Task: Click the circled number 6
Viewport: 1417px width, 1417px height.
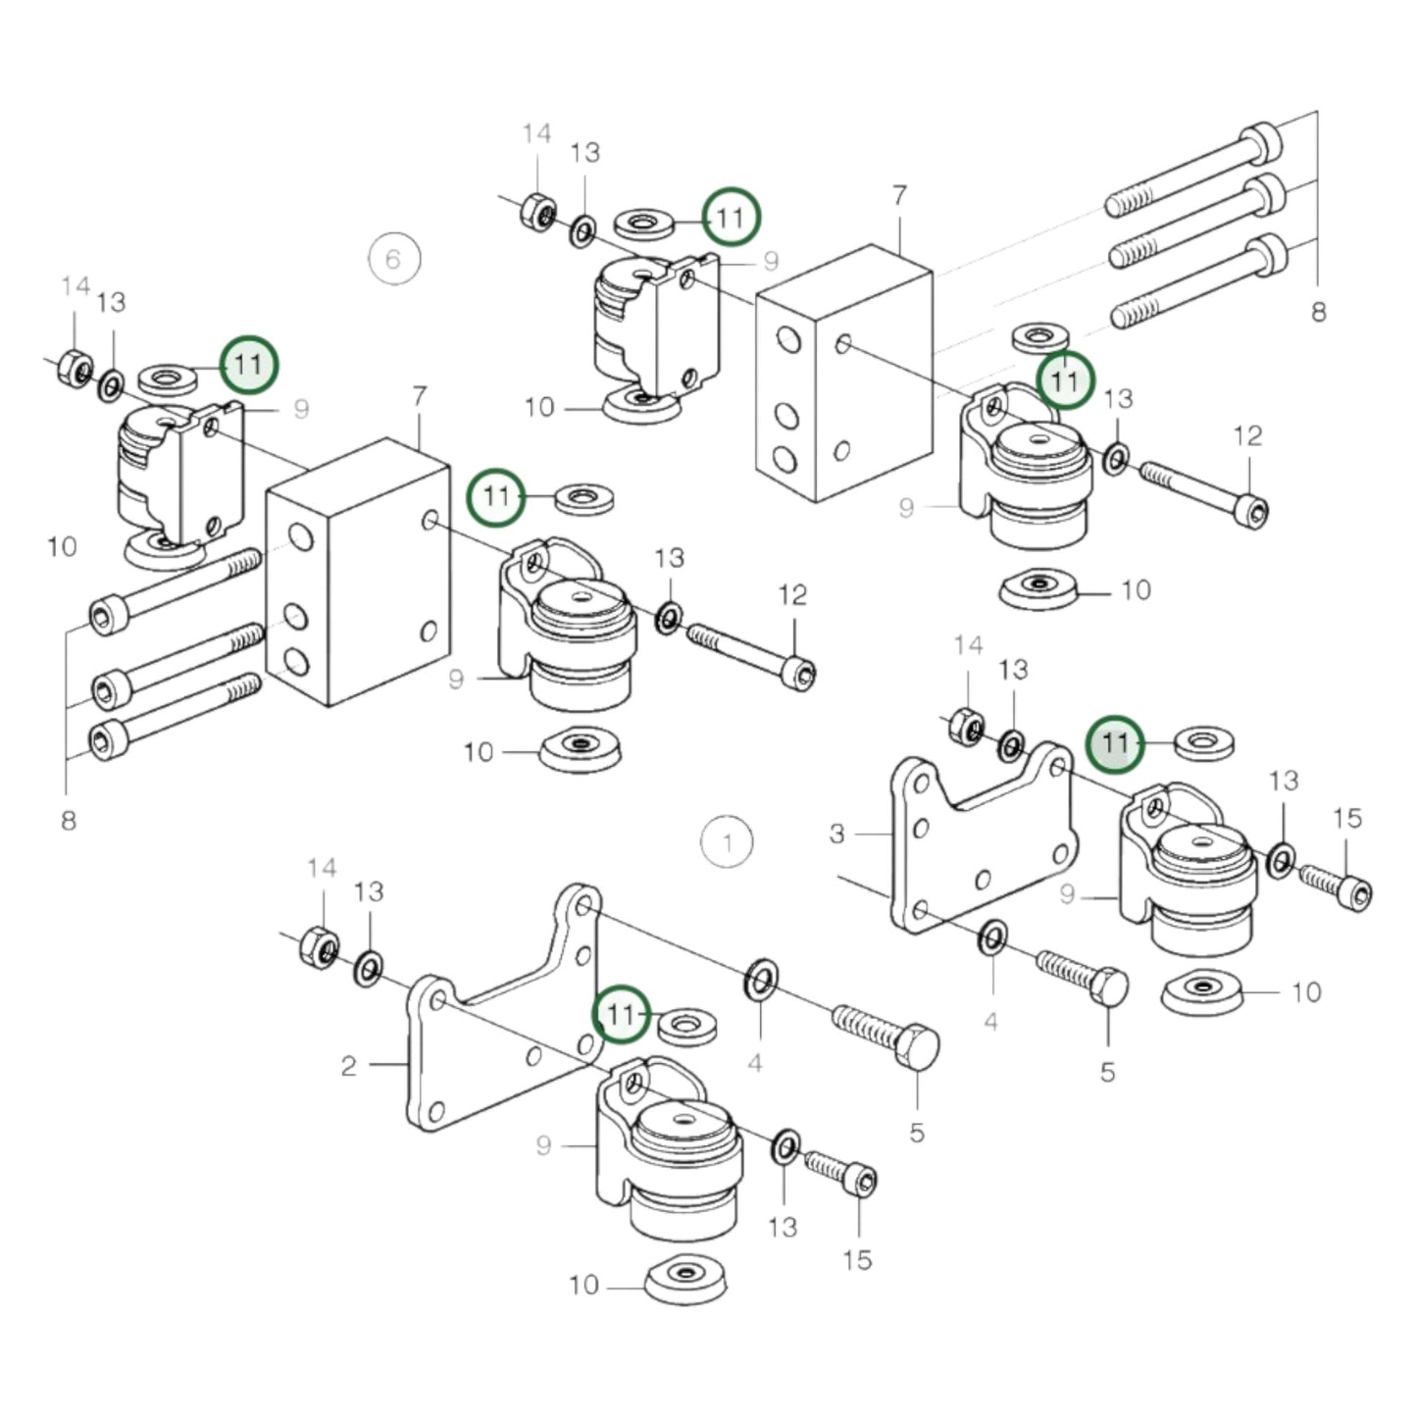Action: pos(393,259)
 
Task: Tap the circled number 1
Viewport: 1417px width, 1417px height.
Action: pos(727,842)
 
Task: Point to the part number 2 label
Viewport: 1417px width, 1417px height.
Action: pos(348,1066)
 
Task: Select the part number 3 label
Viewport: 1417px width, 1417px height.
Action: pos(836,834)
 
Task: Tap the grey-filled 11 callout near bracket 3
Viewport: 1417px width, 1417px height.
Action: pos(1115,743)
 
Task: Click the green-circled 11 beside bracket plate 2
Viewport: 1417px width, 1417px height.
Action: pos(622,1013)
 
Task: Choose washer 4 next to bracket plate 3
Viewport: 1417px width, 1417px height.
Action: pos(991,936)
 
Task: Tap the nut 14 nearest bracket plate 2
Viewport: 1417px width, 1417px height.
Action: pos(319,945)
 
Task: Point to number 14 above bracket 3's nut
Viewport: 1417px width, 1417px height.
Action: pos(968,645)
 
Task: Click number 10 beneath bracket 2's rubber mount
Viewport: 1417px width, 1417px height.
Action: pos(583,1284)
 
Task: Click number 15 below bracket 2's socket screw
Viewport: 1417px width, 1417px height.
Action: pos(856,1260)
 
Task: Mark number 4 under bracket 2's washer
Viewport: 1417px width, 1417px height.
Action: pos(754,1063)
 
